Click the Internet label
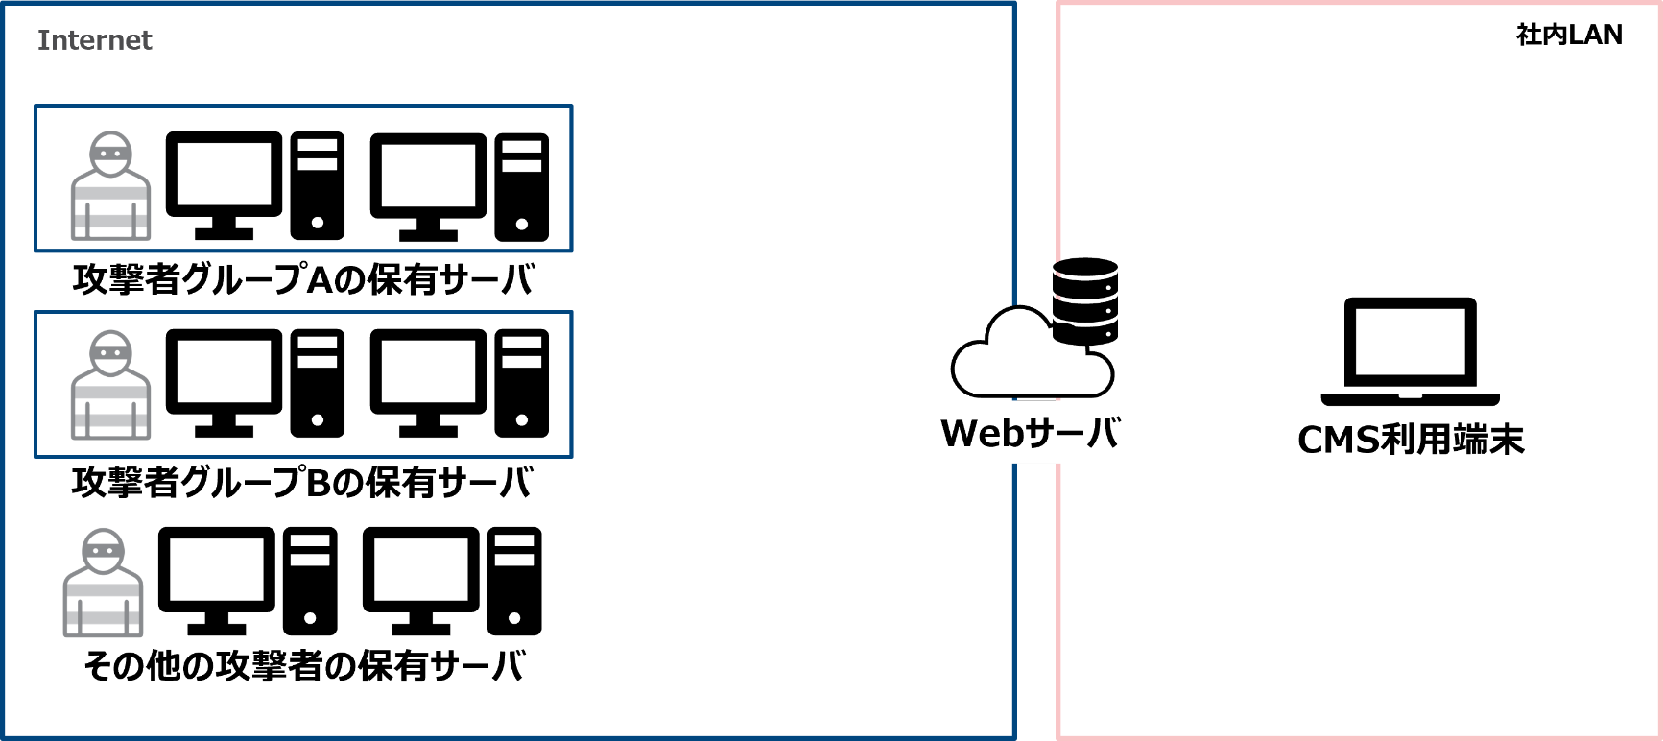pyautogui.click(x=94, y=40)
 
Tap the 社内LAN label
pyautogui.click(x=1569, y=35)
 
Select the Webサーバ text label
pyautogui.click(x=1030, y=434)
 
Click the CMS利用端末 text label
pyautogui.click(x=1411, y=440)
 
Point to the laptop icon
pyautogui.click(x=1410, y=351)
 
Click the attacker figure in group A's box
pyautogui.click(x=111, y=186)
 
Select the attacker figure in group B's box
pyautogui.click(x=111, y=386)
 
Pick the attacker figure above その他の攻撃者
pyautogui.click(x=104, y=584)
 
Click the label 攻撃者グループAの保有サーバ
pyautogui.click(x=302, y=279)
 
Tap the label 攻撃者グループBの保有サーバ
pyautogui.click(x=302, y=482)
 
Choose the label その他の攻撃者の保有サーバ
pyautogui.click(x=304, y=665)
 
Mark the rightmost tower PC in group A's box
pyautogui.click(x=522, y=186)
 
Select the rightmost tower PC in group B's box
pyautogui.click(x=522, y=384)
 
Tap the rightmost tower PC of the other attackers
pyautogui.click(x=514, y=581)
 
